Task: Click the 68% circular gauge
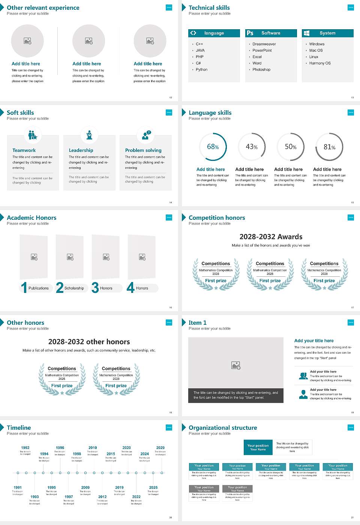coord(213,147)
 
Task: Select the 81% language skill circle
coord(329,147)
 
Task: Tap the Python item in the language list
coord(201,70)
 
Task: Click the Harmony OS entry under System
coord(320,63)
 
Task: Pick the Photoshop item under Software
coord(261,70)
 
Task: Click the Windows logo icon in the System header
coord(306,33)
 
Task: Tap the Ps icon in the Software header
coord(250,33)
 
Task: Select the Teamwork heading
coord(24,150)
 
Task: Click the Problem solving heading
coord(143,150)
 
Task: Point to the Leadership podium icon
coord(89,135)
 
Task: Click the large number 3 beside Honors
coord(95,288)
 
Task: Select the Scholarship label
coord(74,288)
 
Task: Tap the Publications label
coord(39,288)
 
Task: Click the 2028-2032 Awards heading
coord(271,237)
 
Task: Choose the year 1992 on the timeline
coord(25,448)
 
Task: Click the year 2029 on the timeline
coord(160,448)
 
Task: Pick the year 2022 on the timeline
coord(136,497)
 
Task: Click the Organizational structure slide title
coord(223,428)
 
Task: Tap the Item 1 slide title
coord(197,323)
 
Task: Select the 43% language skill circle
coord(252,147)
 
